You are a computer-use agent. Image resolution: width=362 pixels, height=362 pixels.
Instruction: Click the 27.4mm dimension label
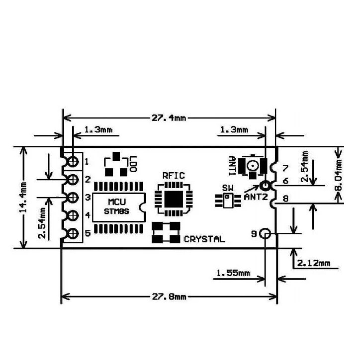click(169, 118)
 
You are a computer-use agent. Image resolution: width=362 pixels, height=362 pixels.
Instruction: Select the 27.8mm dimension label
click(169, 297)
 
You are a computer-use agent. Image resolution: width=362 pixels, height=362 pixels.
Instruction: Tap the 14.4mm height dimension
click(23, 197)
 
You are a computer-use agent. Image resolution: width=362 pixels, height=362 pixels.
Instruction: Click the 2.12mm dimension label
click(314, 263)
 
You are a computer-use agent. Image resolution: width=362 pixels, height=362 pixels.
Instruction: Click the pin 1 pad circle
click(73, 161)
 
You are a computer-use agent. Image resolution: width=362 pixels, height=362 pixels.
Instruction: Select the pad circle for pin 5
click(73, 234)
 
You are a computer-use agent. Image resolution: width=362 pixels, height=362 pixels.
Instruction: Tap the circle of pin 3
click(73, 198)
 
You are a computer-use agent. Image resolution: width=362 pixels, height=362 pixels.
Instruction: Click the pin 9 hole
click(265, 234)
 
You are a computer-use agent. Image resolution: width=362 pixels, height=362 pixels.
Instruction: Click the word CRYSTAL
click(204, 239)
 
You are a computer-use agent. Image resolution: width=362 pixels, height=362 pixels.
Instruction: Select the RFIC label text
click(173, 176)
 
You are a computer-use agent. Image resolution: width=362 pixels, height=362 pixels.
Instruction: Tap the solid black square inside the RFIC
click(173, 199)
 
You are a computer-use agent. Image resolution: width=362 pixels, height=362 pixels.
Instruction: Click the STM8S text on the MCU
click(117, 211)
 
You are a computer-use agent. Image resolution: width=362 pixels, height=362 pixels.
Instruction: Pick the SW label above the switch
click(228, 188)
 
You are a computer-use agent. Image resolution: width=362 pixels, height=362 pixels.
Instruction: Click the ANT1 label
click(232, 166)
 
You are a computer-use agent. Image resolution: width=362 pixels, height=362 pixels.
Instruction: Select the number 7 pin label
click(285, 168)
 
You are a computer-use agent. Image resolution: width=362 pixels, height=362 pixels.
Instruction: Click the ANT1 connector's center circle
click(253, 166)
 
